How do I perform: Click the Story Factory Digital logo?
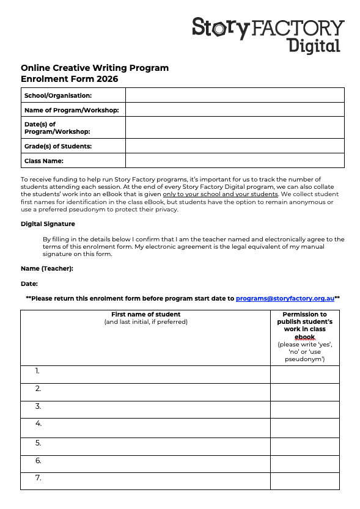[268, 34]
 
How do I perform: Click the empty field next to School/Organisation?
[235, 95]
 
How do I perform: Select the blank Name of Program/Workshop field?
[235, 110]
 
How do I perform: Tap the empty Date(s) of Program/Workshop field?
[235, 128]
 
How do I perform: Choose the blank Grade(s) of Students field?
[235, 146]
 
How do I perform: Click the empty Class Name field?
[235, 161]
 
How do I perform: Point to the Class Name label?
[44, 161]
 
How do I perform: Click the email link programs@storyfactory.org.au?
[285, 298]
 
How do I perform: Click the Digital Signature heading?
[48, 224]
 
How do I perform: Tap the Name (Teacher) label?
[47, 268]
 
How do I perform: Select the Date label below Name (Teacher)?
[29, 284]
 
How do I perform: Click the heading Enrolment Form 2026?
[69, 79]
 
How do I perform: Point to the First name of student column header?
[145, 315]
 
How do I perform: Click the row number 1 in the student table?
[38, 371]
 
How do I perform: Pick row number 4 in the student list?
[39, 423]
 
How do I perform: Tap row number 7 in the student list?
[39, 478]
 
